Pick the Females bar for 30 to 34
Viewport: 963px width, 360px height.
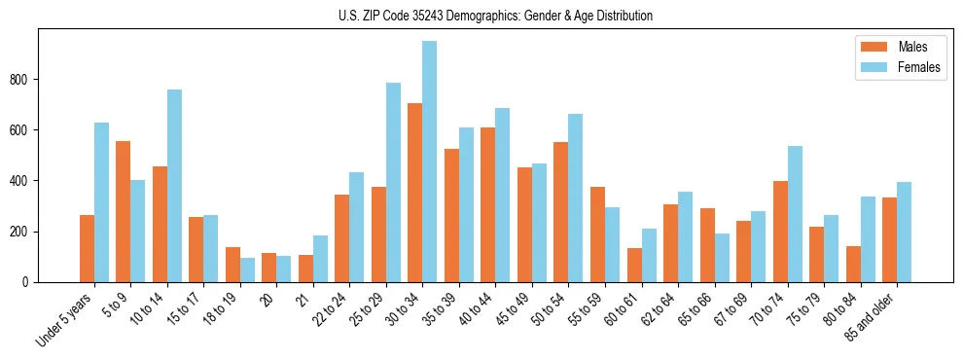(430, 162)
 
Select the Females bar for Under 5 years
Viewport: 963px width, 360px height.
(101, 202)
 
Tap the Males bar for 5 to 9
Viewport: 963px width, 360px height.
(124, 212)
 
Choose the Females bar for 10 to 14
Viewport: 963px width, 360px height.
(174, 186)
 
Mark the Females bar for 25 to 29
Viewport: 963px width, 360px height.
(393, 183)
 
